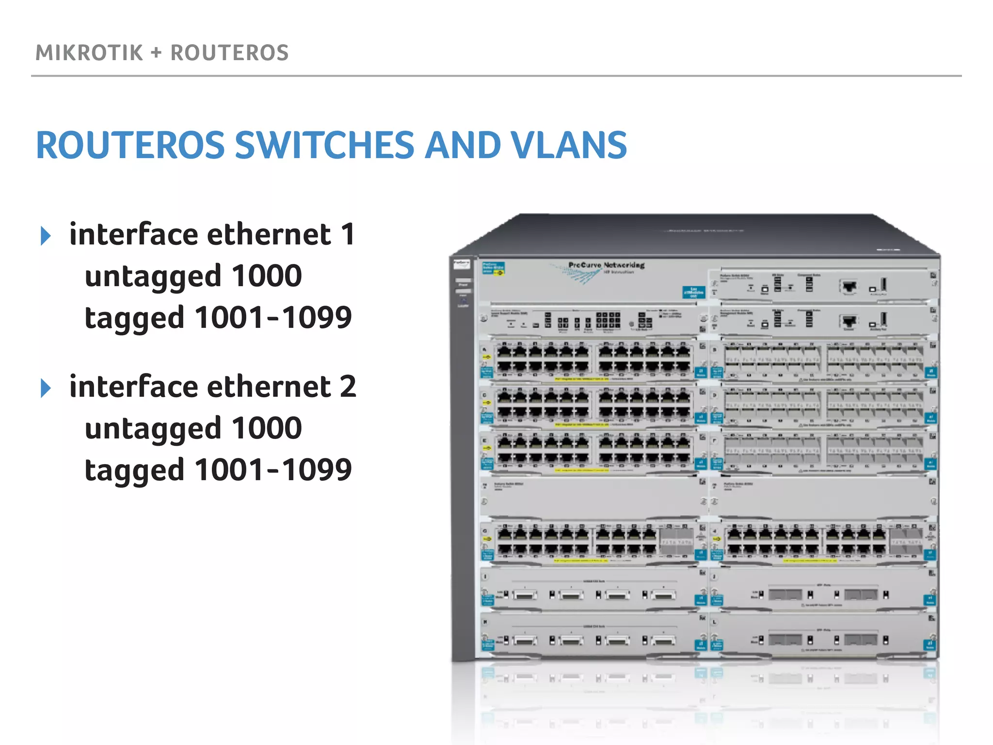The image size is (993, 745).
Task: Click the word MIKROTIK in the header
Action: tap(89, 53)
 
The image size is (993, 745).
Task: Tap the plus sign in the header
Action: tap(156, 53)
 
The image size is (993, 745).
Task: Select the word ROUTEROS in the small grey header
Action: tap(229, 53)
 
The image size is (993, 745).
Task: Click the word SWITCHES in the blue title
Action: tap(324, 145)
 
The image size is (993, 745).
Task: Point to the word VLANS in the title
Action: tap(569, 145)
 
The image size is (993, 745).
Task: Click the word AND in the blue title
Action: tap(463, 145)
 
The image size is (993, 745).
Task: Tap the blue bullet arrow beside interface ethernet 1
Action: tap(46, 236)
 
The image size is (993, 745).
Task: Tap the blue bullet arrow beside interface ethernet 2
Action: tap(46, 389)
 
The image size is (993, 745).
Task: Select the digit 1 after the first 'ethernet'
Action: tap(348, 235)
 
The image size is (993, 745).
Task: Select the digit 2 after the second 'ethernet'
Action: tap(348, 387)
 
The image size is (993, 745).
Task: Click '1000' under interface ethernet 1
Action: tap(267, 276)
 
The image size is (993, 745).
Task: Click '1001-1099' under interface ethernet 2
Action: tap(273, 470)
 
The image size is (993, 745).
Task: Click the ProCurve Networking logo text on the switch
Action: tap(606, 265)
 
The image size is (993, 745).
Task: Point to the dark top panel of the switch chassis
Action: tap(693, 233)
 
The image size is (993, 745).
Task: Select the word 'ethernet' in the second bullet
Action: tap(269, 387)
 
